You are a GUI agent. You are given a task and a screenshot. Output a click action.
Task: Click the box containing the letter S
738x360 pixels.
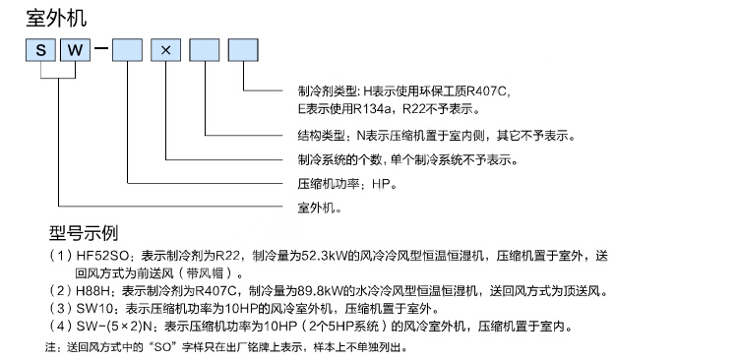[x=40, y=50]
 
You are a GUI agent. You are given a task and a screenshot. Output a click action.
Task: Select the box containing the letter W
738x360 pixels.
[x=75, y=50]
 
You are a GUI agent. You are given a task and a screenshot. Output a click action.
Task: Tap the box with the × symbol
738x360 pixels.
[x=165, y=50]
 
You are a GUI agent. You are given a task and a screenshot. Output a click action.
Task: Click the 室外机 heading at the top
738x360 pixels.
[x=56, y=19]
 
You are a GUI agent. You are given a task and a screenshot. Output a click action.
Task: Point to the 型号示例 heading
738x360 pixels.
[x=84, y=232]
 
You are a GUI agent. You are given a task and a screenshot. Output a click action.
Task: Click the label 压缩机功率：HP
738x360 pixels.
[x=347, y=184]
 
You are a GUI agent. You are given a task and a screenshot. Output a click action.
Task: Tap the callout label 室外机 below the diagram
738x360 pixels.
[x=319, y=208]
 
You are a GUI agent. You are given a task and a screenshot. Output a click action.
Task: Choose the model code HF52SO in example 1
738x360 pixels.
[x=105, y=257]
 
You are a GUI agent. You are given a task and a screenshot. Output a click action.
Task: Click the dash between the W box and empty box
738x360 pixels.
[x=101, y=48]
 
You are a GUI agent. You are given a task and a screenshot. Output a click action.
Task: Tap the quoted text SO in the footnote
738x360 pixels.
[x=155, y=348]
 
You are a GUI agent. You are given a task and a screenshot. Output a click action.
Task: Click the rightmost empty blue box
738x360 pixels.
[x=243, y=50]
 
